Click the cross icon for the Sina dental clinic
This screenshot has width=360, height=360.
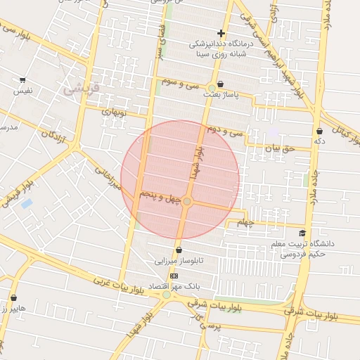coord(221,33)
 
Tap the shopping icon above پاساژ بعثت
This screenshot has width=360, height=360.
coord(221,83)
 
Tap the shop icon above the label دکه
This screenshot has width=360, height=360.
coord(320,131)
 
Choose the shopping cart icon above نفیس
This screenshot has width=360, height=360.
coord(22,80)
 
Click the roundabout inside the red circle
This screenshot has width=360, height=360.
coord(187,202)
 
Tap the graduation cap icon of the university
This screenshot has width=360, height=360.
coord(302,233)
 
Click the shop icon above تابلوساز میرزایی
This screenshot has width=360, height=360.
coord(179,250)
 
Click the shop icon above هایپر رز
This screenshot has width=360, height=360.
coord(13,297)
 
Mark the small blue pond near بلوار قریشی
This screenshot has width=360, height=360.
coord(27,204)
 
